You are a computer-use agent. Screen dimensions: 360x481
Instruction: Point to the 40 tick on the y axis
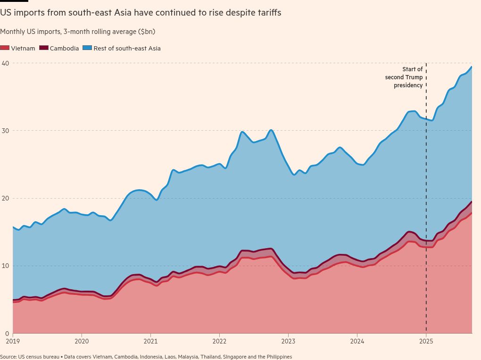tap(5, 63)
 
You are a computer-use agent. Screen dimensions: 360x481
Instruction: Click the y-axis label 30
tap(5, 131)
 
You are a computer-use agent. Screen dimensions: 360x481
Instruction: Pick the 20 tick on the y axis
tap(5, 198)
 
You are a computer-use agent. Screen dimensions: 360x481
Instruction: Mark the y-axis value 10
tap(5, 266)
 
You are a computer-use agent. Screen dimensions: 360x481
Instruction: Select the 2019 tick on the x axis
tap(13, 341)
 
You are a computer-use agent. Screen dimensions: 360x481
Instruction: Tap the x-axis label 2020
tap(82, 341)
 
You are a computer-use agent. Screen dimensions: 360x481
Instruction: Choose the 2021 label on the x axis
tap(150, 341)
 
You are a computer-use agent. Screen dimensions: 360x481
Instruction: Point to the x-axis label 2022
tap(219, 341)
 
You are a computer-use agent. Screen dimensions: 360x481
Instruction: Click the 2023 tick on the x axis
tap(288, 341)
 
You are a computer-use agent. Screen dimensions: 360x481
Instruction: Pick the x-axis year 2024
tap(357, 341)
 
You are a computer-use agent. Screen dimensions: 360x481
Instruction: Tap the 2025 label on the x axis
tap(426, 341)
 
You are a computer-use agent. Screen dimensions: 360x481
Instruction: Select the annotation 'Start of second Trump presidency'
tap(404, 77)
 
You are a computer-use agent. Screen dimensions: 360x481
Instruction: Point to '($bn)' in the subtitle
tap(146, 32)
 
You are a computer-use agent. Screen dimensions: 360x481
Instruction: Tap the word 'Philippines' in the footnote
tap(279, 357)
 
